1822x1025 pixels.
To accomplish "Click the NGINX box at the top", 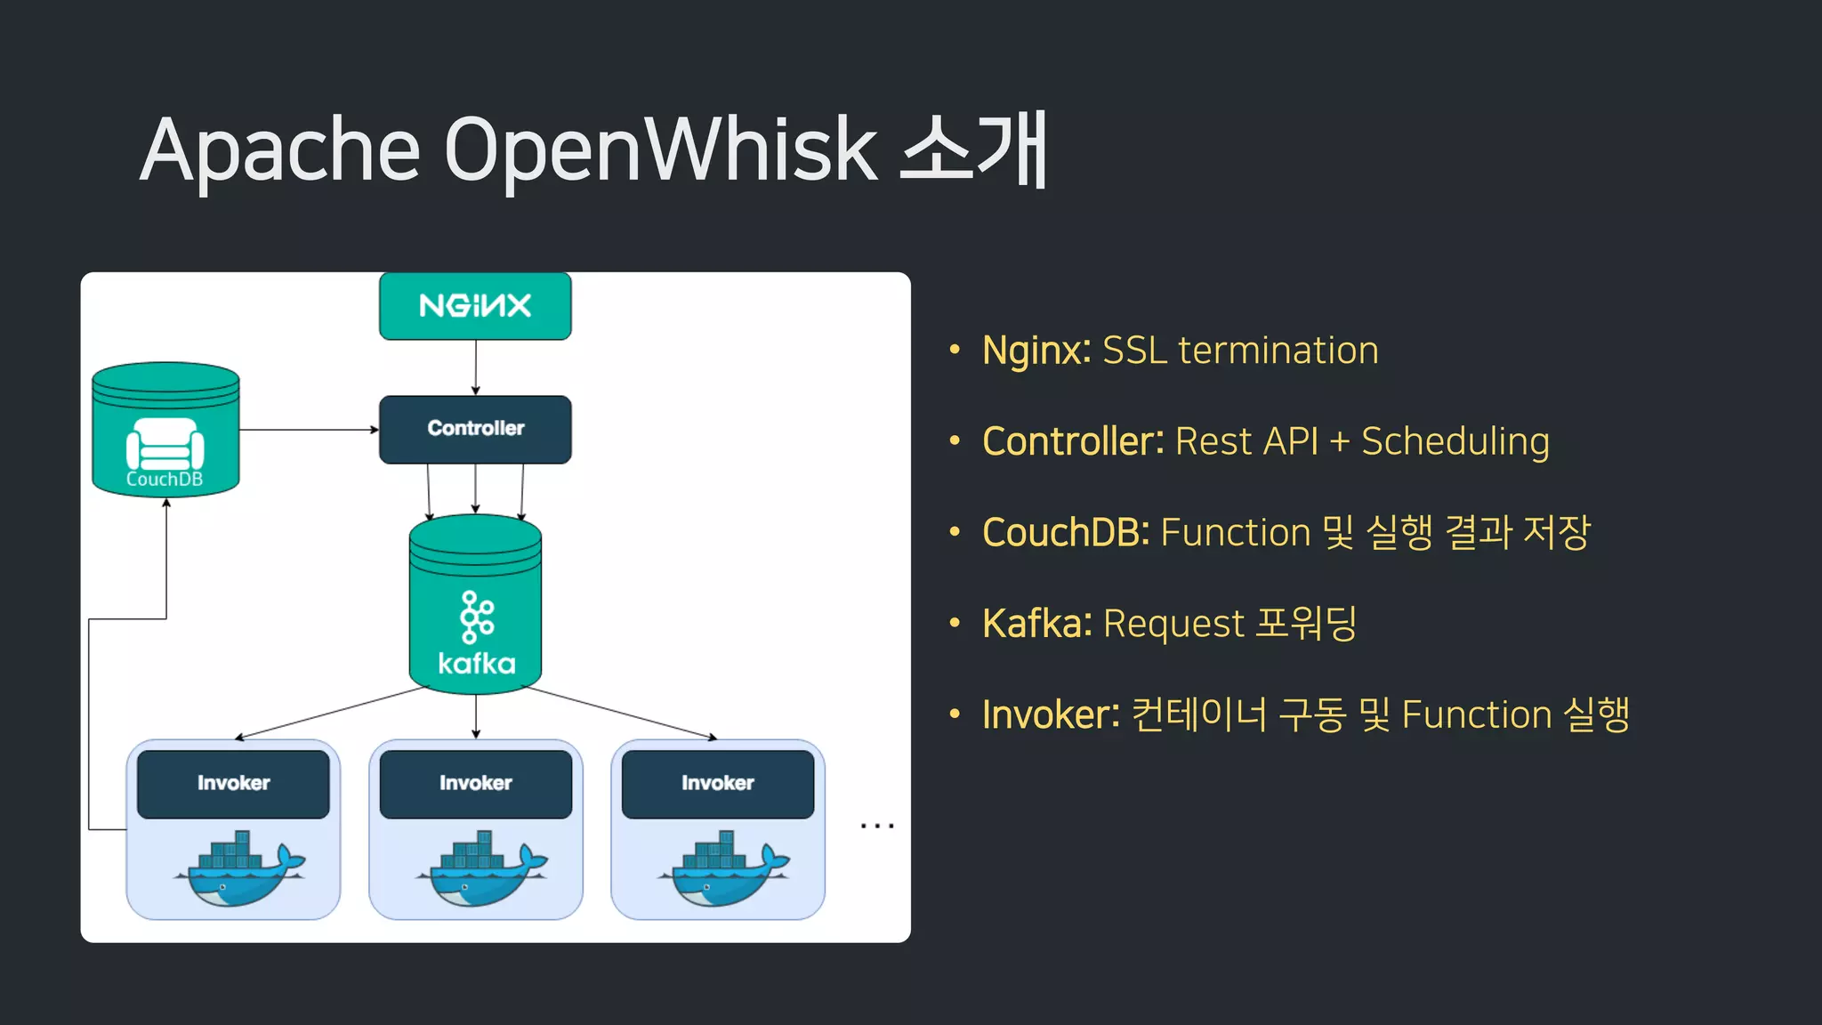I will tap(475, 306).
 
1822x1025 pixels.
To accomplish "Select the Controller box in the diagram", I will tap(475, 429).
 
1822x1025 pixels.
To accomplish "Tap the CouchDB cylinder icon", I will tap(165, 429).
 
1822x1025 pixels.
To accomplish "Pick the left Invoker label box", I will tap(233, 783).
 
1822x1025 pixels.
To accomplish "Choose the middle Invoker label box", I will tap(475, 783).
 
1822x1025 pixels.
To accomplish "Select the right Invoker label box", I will tap(717, 783).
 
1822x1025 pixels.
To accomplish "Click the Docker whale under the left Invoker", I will tap(238, 869).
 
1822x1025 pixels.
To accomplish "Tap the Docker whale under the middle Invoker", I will tap(480, 869).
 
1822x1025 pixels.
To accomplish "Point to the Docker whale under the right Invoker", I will tap(722, 869).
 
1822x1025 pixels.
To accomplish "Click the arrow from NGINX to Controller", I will tap(476, 367).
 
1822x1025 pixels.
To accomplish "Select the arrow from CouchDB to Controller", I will tap(308, 430).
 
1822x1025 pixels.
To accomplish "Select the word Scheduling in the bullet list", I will tap(1455, 442).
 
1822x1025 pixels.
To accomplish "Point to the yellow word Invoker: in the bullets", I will tap(1051, 714).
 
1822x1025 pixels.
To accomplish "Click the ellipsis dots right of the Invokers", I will tap(877, 827).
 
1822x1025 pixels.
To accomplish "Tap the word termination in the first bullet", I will tap(1278, 351).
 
